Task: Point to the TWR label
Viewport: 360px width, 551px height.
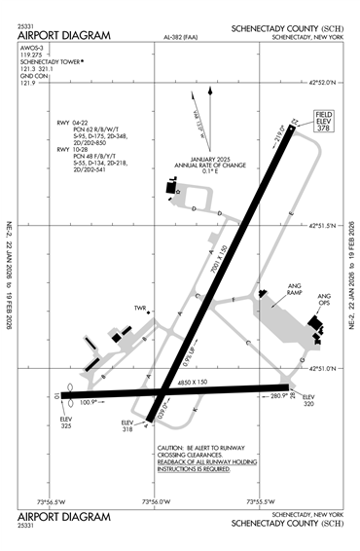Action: (140, 309)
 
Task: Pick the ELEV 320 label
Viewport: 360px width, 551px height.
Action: (308, 400)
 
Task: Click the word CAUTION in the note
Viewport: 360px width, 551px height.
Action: (173, 449)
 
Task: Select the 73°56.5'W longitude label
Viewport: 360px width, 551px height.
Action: (53, 501)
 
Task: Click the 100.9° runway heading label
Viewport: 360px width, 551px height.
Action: (89, 401)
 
